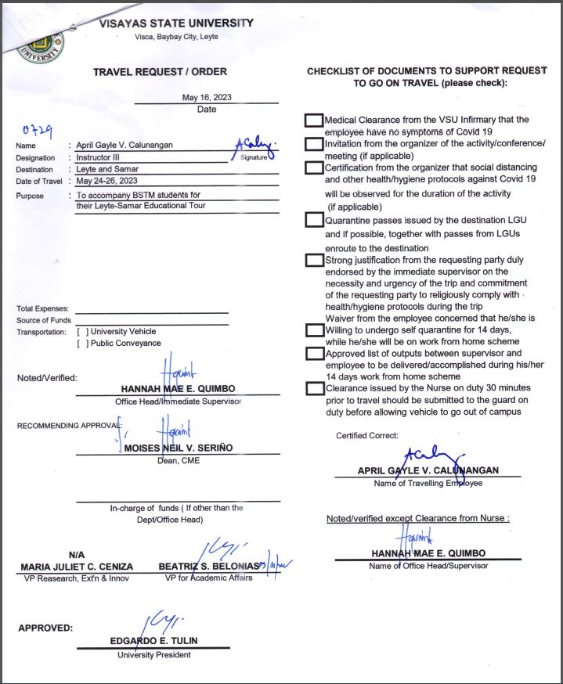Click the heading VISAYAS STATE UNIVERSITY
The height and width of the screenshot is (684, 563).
(x=176, y=23)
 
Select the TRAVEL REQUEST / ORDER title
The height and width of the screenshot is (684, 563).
(x=160, y=72)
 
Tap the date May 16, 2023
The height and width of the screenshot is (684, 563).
(x=207, y=98)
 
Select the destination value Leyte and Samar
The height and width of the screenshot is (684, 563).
(x=107, y=169)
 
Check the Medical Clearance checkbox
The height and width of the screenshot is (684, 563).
(x=313, y=121)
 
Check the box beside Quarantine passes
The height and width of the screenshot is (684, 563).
(x=313, y=220)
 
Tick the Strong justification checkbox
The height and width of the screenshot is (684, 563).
(x=313, y=260)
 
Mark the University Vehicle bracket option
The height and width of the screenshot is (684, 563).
(x=82, y=332)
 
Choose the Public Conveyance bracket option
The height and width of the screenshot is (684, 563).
(x=82, y=343)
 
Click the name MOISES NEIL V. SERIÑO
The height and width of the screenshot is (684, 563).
(x=179, y=448)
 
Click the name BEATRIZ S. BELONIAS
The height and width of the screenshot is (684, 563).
(x=211, y=566)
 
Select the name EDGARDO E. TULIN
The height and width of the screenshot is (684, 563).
(x=153, y=641)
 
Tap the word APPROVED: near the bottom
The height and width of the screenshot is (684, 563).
(x=45, y=628)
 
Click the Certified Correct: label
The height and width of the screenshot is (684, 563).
(x=367, y=435)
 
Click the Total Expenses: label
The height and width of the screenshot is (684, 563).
(x=42, y=309)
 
